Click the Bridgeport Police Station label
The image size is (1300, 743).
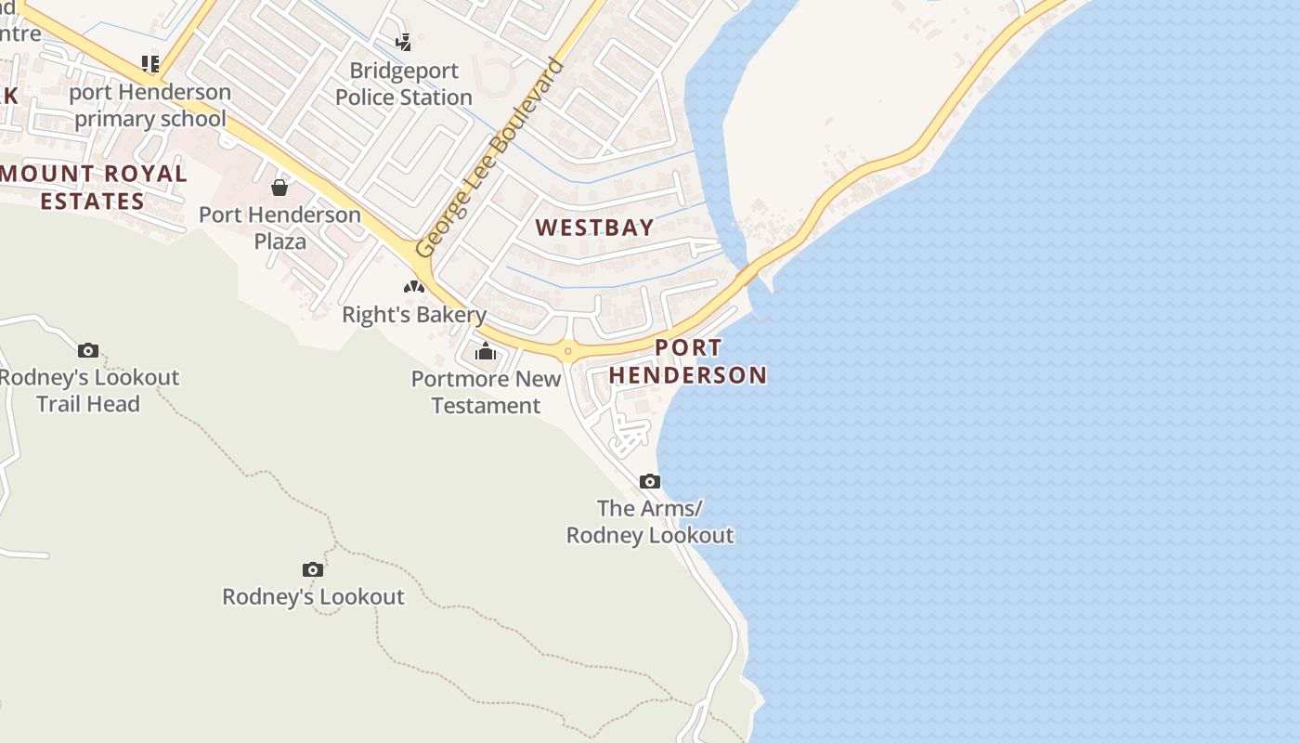404,84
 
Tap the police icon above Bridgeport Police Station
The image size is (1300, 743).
403,42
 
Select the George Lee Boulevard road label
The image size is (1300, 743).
489,159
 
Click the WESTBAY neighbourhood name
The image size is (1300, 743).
595,228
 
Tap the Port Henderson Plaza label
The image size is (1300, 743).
279,228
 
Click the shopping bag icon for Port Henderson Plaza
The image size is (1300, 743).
279,189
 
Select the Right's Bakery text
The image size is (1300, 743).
414,315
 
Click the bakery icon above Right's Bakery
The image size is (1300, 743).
414,286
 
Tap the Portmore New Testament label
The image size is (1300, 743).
487,392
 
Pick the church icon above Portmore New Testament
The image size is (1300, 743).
486,352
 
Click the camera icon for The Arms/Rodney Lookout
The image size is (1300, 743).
650,481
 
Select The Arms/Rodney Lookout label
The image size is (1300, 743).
650,522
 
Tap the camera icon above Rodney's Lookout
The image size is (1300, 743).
313,569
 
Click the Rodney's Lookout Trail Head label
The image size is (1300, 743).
88,390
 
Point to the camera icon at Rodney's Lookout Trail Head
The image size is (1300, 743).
88,350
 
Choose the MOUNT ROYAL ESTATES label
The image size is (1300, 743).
93,187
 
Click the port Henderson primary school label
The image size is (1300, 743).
150,105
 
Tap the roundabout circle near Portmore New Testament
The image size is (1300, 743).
567,351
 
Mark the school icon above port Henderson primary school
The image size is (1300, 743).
150,64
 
